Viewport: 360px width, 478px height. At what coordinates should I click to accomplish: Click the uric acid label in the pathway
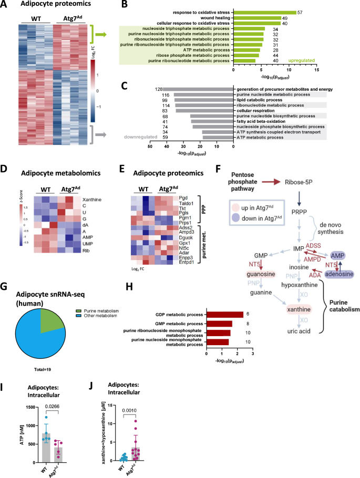274,331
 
